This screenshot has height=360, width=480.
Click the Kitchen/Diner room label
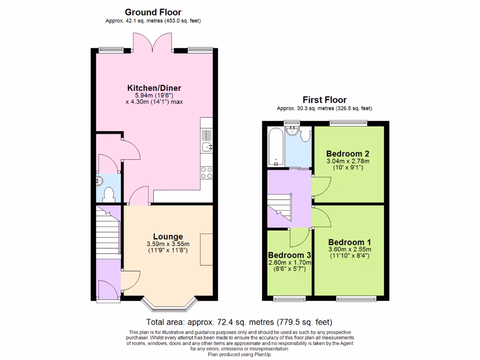click(x=154, y=88)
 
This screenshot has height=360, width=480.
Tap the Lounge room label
click(x=168, y=237)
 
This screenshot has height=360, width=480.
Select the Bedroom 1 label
click(x=349, y=242)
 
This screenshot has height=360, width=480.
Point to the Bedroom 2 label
click(x=348, y=154)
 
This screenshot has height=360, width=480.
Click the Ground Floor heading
click(x=153, y=12)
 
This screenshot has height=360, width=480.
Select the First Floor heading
click(x=324, y=100)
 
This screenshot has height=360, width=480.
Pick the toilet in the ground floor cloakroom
click(x=110, y=194)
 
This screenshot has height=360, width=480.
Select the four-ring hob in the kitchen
click(x=207, y=172)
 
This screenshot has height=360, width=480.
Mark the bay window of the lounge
click(x=168, y=306)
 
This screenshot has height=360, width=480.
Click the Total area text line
click(x=240, y=322)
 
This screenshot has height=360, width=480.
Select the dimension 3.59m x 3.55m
click(x=168, y=244)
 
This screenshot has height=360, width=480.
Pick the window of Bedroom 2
click(x=348, y=123)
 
